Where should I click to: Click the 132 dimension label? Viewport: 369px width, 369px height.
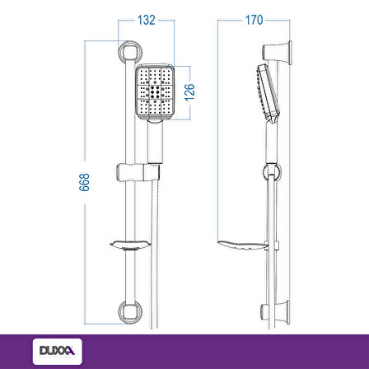[x=147, y=20]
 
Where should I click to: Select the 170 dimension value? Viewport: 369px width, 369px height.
[x=254, y=20]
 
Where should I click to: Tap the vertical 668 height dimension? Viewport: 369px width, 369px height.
[x=85, y=182]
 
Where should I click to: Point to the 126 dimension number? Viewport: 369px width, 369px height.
[x=189, y=92]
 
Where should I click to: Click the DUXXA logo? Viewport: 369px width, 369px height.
[x=58, y=352]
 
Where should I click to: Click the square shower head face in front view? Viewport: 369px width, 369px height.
[x=155, y=92]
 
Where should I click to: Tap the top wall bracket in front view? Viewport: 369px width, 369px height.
[x=130, y=51]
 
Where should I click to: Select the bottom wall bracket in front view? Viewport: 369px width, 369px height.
[x=130, y=312]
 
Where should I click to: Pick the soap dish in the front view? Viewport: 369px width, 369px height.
[x=130, y=245]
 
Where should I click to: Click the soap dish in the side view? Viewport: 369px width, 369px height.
[x=243, y=245]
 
